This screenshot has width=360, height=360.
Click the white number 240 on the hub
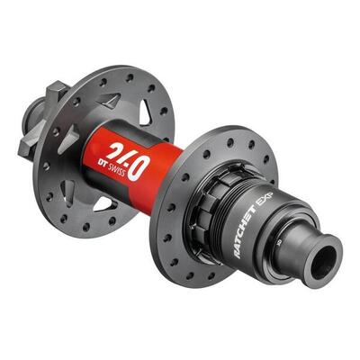point(125,154)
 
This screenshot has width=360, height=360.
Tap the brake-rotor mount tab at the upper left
point(56,90)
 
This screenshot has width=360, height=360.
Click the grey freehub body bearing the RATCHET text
point(270,229)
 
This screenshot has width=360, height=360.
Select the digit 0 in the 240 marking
point(141,166)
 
